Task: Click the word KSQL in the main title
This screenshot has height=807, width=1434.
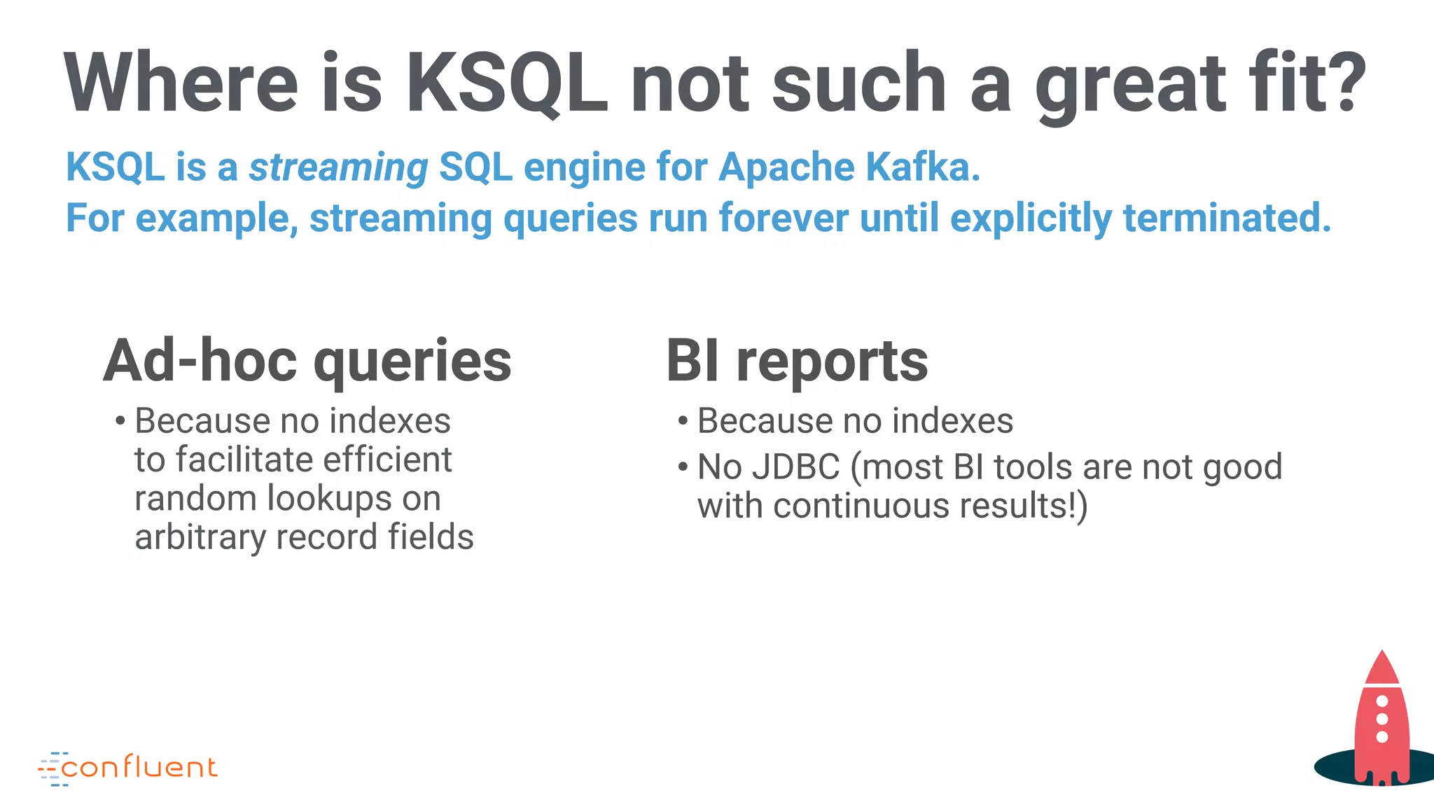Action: (x=506, y=83)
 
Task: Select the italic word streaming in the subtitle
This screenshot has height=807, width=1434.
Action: (x=339, y=168)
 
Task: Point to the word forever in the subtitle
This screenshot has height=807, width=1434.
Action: (x=784, y=218)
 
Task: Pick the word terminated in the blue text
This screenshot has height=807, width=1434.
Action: (x=1226, y=218)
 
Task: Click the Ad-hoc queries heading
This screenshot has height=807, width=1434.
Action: (x=307, y=361)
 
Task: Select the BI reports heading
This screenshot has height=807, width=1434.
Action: (x=797, y=361)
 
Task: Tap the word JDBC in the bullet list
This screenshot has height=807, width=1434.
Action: (x=795, y=467)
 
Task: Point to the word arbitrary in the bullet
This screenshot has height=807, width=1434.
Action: (x=200, y=538)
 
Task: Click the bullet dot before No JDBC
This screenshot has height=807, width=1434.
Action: (x=683, y=467)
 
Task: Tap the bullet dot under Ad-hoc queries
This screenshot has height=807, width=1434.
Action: (x=120, y=422)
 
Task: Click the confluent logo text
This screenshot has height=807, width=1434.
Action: (x=139, y=768)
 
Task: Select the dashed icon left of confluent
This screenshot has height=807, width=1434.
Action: (x=51, y=769)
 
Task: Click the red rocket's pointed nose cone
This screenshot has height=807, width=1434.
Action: (x=1381, y=665)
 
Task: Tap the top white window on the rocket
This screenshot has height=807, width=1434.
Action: (x=1382, y=701)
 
